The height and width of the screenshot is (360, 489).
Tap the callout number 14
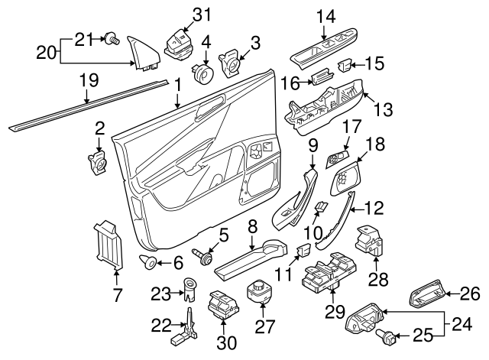[x=325, y=14]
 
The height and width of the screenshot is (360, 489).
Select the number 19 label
[x=89, y=79]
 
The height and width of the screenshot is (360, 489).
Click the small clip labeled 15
[x=345, y=63]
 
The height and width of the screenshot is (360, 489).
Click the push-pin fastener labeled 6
[x=148, y=264]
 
